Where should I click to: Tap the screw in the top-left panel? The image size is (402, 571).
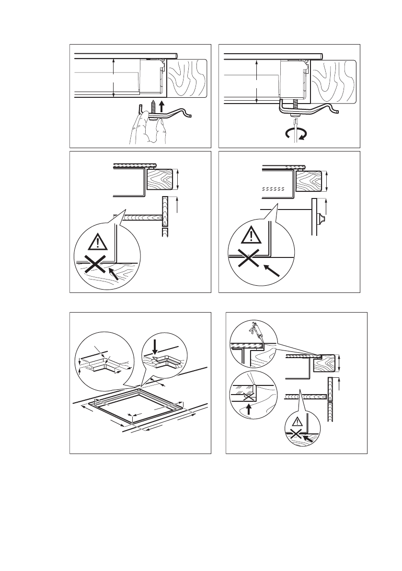[154, 107]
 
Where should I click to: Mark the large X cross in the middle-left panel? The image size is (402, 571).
[96, 264]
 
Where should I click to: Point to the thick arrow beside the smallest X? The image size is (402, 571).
[310, 437]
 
